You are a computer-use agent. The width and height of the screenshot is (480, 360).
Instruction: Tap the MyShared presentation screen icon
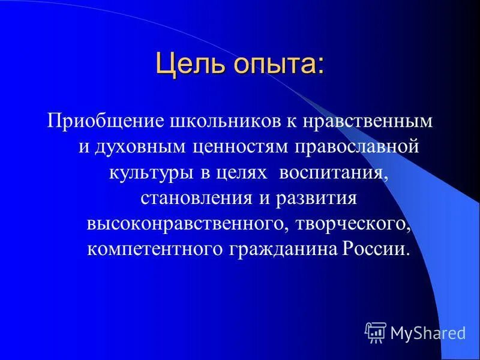coord(376,332)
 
